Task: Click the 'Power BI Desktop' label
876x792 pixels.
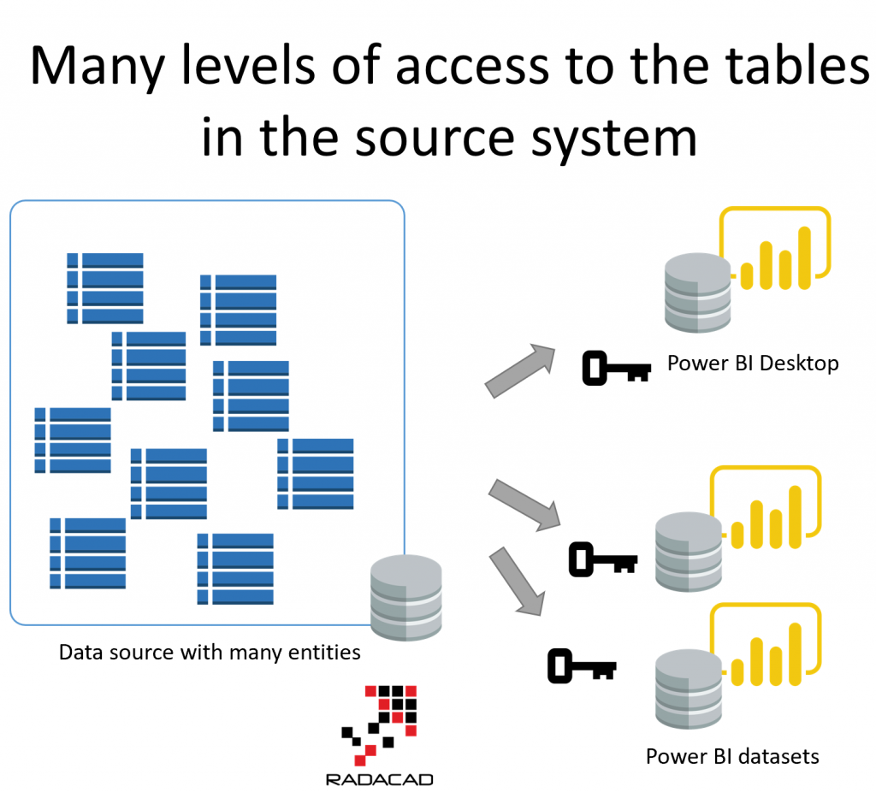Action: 753,363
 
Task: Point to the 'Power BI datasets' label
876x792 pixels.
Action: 732,756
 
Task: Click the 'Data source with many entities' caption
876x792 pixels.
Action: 210,653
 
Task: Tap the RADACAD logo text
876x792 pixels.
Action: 379,778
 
